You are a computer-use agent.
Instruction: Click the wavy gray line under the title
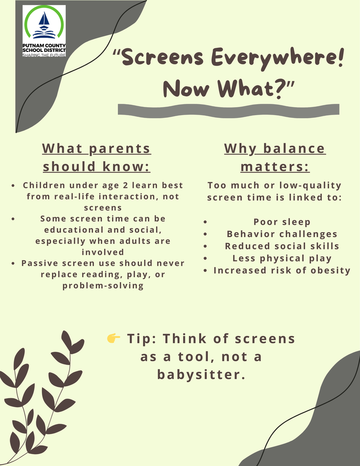tap(228, 110)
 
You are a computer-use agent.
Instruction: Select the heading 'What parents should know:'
tap(96, 157)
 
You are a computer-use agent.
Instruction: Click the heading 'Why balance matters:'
tap(275, 157)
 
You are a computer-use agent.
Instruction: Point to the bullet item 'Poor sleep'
tap(282, 222)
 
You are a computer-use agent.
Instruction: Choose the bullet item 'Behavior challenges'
tap(282, 234)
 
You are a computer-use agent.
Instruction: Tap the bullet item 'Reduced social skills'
tap(282, 246)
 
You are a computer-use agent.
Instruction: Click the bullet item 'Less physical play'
tap(282, 258)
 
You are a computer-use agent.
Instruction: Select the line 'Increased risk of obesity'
tap(282, 271)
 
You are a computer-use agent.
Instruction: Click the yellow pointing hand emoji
tap(113, 338)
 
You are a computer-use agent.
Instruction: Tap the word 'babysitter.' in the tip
tap(201, 375)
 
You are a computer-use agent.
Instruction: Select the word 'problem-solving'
tap(103, 286)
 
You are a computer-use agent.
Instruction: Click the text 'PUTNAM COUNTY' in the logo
tap(44, 45)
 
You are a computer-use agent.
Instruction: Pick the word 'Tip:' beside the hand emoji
tap(142, 339)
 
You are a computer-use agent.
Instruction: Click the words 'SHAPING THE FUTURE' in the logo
tap(44, 55)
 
